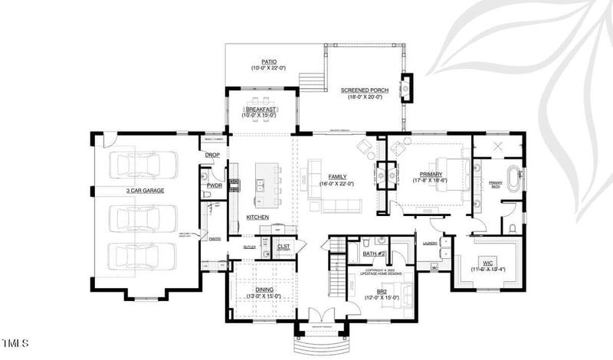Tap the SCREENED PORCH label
point(365,90)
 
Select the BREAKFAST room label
point(261,110)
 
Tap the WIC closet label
point(487,263)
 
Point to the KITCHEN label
point(257,218)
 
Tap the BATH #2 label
point(373,254)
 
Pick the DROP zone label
point(212,155)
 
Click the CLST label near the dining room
point(284,247)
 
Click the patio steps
point(309,81)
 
